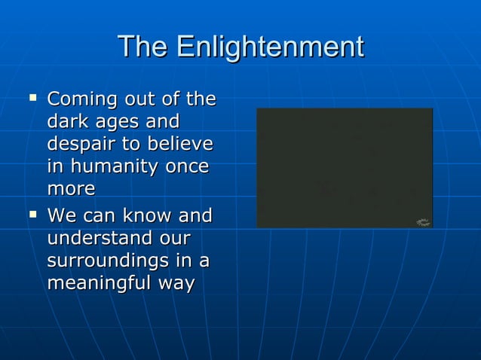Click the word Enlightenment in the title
pyautogui.click(x=269, y=47)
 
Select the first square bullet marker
pyautogui.click(x=32, y=97)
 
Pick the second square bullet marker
pyautogui.click(x=32, y=215)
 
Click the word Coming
pyautogui.click(x=78, y=99)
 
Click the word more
pyautogui.click(x=71, y=188)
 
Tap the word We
pyautogui.click(x=61, y=217)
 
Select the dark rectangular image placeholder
pyautogui.click(x=344, y=167)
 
